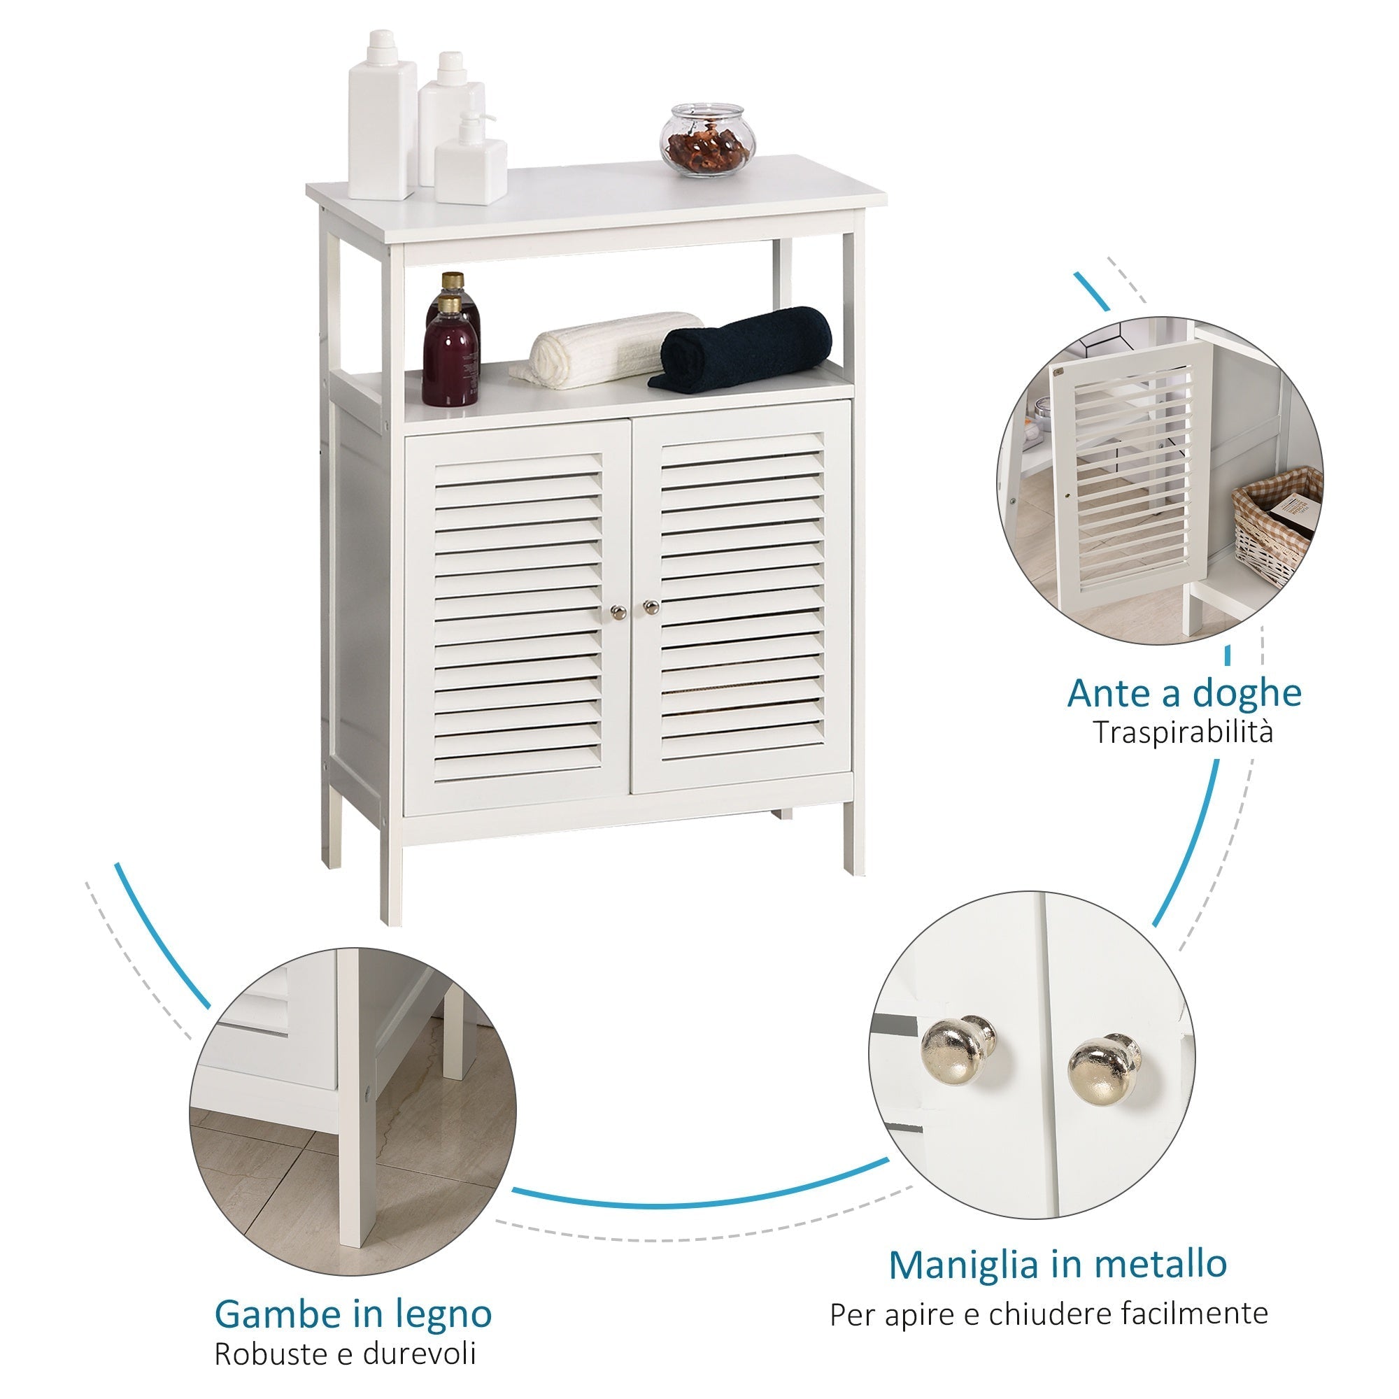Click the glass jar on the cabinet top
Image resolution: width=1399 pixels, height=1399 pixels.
pos(706,141)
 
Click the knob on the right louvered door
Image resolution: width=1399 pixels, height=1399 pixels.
pos(651,606)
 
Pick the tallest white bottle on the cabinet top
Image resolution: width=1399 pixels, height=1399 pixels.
pos(382,116)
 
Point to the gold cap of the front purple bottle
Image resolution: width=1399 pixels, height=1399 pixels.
pos(449,304)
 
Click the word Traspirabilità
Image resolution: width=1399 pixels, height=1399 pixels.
pos(1182,732)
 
